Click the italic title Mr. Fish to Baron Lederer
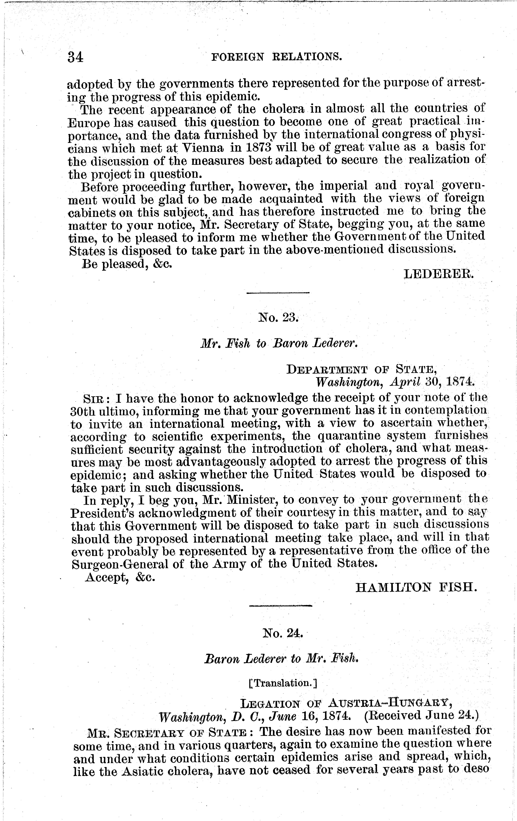click(278, 344)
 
